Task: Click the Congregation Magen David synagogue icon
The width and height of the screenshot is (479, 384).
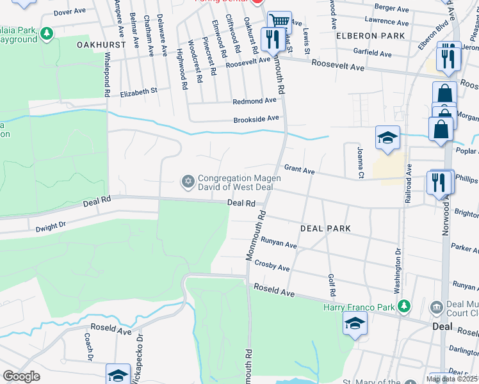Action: click(188, 182)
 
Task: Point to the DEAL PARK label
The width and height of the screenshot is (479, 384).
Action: click(326, 228)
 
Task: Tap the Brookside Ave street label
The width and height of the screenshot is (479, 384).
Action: click(256, 118)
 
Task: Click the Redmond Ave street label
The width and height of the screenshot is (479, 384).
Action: click(254, 101)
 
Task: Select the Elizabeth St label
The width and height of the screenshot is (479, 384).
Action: click(139, 93)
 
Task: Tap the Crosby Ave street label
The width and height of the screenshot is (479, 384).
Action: click(272, 264)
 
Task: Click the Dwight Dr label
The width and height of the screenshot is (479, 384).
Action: click(51, 225)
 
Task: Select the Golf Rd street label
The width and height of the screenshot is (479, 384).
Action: click(332, 284)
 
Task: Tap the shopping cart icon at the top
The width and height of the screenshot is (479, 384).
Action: click(279, 22)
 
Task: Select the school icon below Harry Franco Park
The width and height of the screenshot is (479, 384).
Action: click(355, 324)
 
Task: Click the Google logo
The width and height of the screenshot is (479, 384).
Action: click(21, 377)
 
